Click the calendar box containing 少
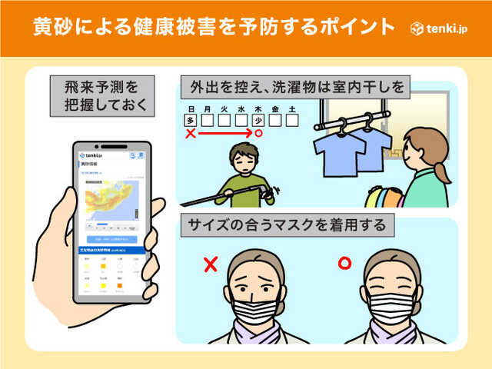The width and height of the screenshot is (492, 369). pyautogui.click(x=259, y=120)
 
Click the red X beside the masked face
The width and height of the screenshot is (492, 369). pyautogui.click(x=209, y=265)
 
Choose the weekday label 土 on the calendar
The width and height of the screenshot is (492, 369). pyautogui.click(x=293, y=109)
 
